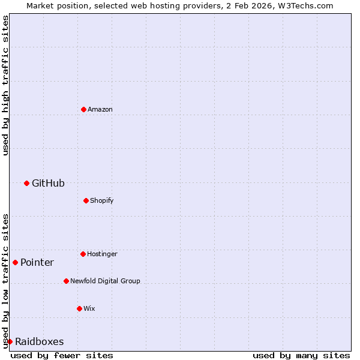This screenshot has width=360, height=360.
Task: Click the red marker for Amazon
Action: (83, 109)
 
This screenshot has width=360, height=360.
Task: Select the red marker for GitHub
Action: (26, 183)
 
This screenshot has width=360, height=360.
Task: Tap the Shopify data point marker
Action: (86, 200)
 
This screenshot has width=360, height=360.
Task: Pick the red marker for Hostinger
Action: (83, 254)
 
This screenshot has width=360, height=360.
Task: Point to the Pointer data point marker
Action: (15, 262)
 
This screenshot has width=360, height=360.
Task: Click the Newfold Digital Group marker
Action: (66, 281)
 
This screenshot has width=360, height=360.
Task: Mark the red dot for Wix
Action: (79, 308)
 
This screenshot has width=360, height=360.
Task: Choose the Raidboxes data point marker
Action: (10, 341)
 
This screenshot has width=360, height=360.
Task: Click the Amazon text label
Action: (100, 109)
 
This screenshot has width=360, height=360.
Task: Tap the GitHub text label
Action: (48, 183)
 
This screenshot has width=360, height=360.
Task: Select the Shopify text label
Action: (102, 200)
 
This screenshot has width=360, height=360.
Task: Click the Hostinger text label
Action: (102, 254)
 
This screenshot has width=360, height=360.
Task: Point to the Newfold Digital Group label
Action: (105, 281)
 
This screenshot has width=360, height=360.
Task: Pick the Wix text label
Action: (89, 308)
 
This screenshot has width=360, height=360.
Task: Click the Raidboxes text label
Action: (39, 341)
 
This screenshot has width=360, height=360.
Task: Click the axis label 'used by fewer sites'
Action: (62, 355)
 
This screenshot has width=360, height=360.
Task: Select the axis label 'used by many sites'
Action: (301, 355)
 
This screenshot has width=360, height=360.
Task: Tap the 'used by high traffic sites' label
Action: (5, 85)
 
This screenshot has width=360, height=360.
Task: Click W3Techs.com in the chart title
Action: (308, 5)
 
